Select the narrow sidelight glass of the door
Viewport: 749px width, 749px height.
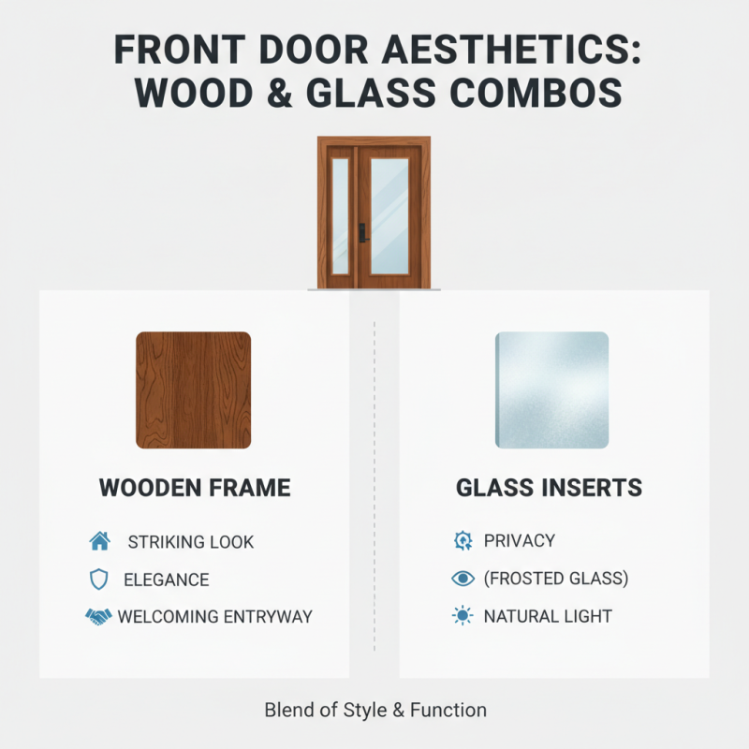pyautogui.click(x=340, y=215)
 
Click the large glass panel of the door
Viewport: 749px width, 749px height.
pyautogui.click(x=389, y=215)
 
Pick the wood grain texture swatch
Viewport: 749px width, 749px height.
pyautogui.click(x=193, y=389)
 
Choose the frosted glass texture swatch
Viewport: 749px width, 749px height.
pyautogui.click(x=551, y=389)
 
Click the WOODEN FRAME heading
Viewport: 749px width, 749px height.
pyautogui.click(x=195, y=488)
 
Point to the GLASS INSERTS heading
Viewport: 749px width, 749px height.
pyautogui.click(x=549, y=488)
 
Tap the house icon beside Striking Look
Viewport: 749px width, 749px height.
pyautogui.click(x=99, y=541)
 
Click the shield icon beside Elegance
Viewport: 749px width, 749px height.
pyautogui.click(x=98, y=580)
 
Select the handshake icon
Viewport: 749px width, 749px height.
pyautogui.click(x=98, y=617)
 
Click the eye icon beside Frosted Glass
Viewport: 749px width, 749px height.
pyautogui.click(x=463, y=579)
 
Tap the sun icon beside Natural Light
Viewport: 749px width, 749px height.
pyautogui.click(x=463, y=617)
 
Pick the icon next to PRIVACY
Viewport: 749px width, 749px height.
pyautogui.click(x=463, y=541)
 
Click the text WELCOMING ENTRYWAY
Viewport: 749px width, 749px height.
pyautogui.click(x=214, y=617)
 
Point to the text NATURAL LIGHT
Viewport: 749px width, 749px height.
pyautogui.click(x=548, y=617)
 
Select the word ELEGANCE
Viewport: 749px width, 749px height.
pyautogui.click(x=167, y=580)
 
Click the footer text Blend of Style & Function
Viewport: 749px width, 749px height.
pyautogui.click(x=374, y=710)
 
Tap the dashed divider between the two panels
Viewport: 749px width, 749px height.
pyautogui.click(x=374, y=487)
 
